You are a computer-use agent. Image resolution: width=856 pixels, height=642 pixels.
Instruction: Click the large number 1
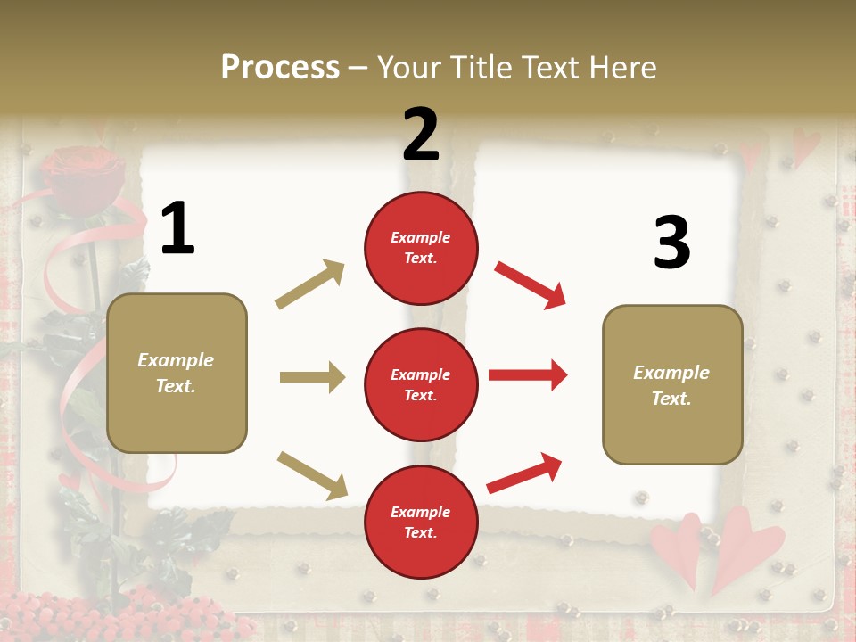click(x=177, y=229)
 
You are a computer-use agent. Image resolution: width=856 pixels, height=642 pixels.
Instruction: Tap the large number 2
click(x=421, y=135)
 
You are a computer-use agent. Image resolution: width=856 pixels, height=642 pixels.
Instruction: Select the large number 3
click(x=671, y=243)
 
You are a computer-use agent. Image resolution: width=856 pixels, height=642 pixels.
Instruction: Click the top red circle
click(x=421, y=248)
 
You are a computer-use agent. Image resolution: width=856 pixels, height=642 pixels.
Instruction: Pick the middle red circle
click(x=421, y=384)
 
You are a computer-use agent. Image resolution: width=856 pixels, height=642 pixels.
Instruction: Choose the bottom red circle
click(x=421, y=522)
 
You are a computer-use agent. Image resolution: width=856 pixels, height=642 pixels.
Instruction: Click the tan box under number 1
click(x=177, y=373)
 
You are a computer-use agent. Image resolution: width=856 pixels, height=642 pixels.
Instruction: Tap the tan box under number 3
click(x=671, y=384)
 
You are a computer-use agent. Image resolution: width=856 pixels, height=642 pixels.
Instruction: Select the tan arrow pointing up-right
click(x=309, y=284)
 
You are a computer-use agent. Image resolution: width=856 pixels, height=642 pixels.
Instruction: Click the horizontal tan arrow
click(x=312, y=377)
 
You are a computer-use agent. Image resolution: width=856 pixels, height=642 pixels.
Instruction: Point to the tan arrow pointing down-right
click(x=312, y=474)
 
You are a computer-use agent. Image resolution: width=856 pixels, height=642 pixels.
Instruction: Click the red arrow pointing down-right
click(x=530, y=284)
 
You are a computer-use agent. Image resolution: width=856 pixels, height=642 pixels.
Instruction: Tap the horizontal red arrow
click(x=528, y=374)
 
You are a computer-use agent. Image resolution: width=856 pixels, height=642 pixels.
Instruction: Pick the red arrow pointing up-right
click(x=524, y=473)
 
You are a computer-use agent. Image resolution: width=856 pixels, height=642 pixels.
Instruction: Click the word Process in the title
click(x=280, y=67)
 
